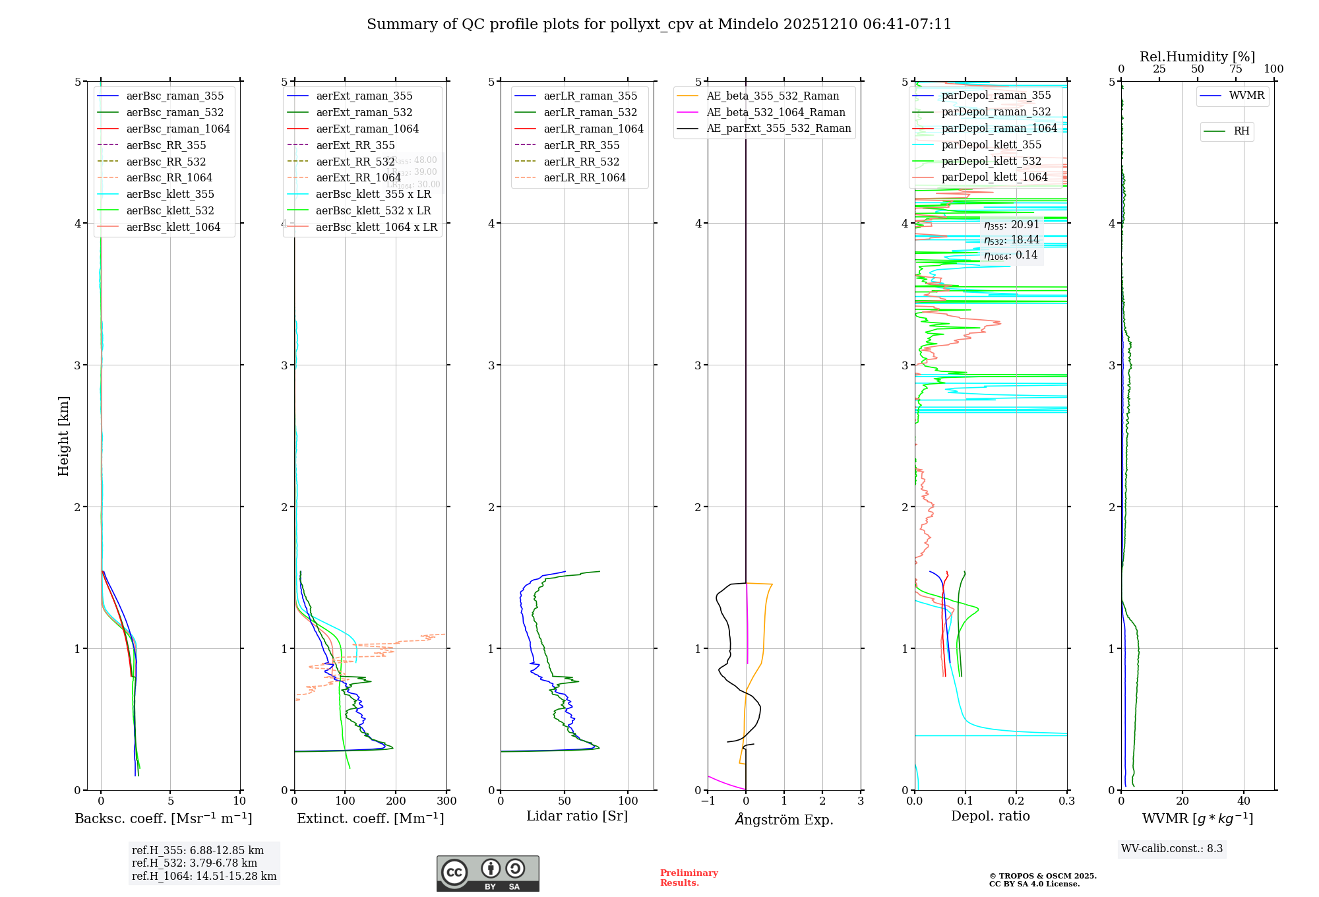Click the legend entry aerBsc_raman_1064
(x=177, y=129)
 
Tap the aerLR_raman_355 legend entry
(x=590, y=96)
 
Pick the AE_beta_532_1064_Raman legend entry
(x=776, y=112)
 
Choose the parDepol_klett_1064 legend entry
(x=994, y=177)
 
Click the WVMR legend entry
(x=1246, y=96)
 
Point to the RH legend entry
(x=1241, y=131)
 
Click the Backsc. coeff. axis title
(x=163, y=819)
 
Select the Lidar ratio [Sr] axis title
(x=577, y=816)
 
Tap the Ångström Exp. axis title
(x=784, y=819)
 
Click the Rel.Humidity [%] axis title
(x=1197, y=57)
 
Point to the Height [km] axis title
(x=63, y=436)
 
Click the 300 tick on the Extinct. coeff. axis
(x=446, y=801)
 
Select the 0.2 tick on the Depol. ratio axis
(x=1016, y=801)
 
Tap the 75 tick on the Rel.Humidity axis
(x=1235, y=69)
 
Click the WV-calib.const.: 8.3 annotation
(x=1172, y=849)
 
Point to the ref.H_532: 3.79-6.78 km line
(x=194, y=863)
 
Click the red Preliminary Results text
(x=689, y=878)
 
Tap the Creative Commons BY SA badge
(x=487, y=873)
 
